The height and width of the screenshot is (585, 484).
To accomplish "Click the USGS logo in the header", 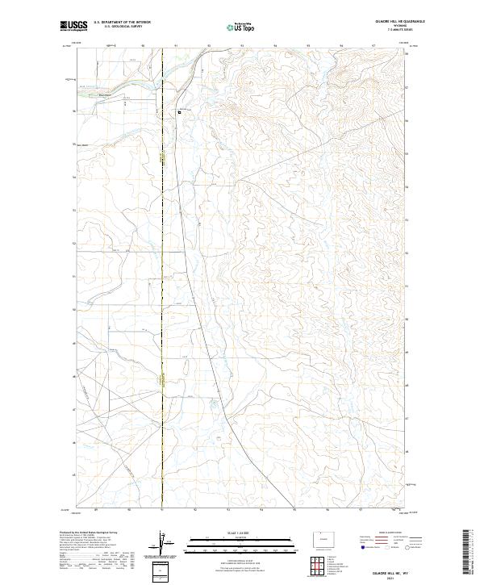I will pyautogui.click(x=73, y=26).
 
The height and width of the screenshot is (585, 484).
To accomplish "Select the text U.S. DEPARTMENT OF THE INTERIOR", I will pyautogui.click(x=119, y=23).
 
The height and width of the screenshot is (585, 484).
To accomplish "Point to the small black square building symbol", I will pyautogui.click(x=180, y=113).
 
